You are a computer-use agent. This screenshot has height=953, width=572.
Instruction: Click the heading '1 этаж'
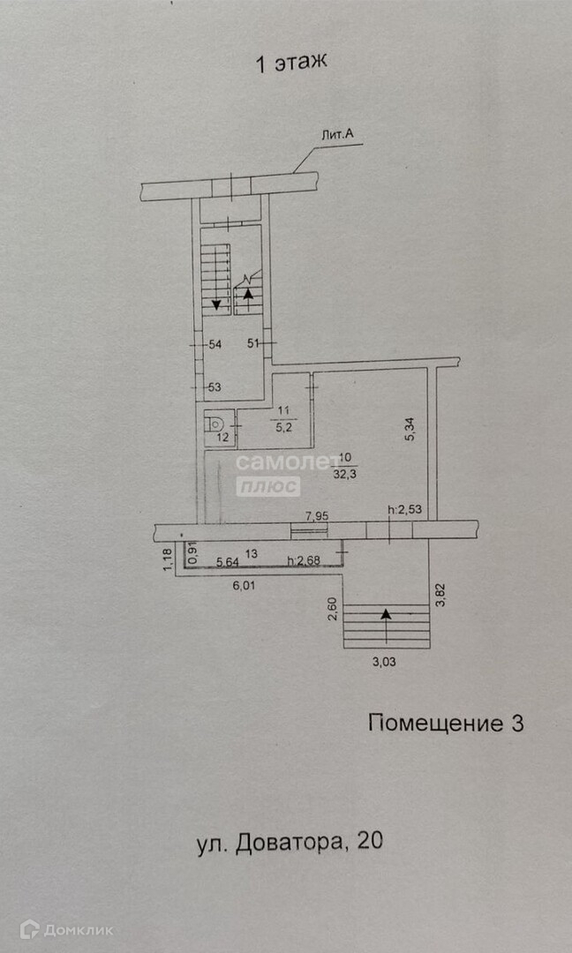(x=290, y=63)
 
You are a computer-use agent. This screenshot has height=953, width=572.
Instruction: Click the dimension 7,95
(x=317, y=514)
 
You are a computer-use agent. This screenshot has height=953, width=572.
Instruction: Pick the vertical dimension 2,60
(x=331, y=610)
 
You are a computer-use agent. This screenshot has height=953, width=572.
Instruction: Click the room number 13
(x=252, y=553)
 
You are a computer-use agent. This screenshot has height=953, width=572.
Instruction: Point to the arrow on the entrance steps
(x=386, y=613)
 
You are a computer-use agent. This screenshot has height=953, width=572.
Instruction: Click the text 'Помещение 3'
(x=445, y=724)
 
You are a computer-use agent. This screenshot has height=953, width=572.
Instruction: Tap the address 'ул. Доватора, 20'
(x=290, y=842)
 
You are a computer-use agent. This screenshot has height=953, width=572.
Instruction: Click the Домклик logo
(x=66, y=928)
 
